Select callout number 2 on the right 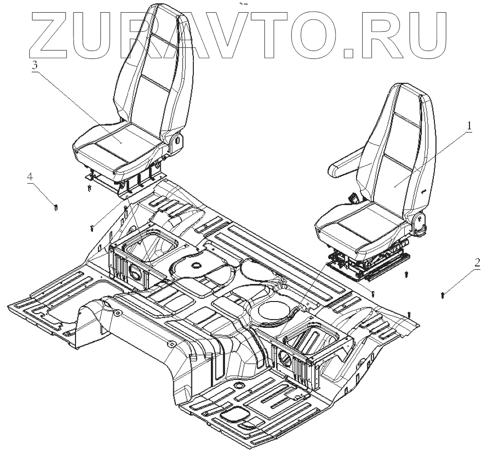[477, 264]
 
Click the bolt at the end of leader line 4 [57, 208]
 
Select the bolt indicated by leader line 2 [442, 295]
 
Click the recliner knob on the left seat [177, 139]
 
